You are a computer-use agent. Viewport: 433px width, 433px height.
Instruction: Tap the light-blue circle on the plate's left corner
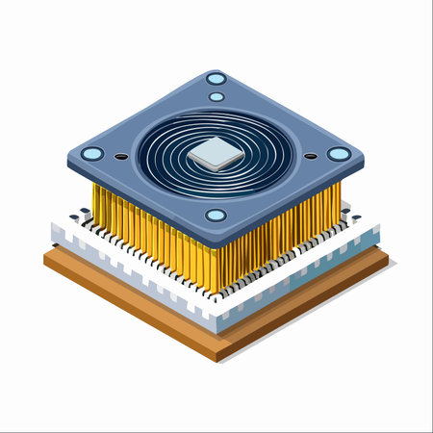pyautogui.click(x=92, y=154)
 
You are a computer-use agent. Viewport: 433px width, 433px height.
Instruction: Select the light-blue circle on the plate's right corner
pyautogui.click(x=339, y=154)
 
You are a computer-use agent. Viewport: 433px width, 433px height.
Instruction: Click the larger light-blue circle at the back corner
pyautogui.click(x=216, y=79)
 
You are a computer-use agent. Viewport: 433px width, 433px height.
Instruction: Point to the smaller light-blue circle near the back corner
pyautogui.click(x=216, y=96)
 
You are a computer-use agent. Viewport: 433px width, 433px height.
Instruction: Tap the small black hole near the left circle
pyautogui.click(x=121, y=156)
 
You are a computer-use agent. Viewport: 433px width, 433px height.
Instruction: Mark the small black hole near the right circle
pyautogui.click(x=310, y=156)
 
